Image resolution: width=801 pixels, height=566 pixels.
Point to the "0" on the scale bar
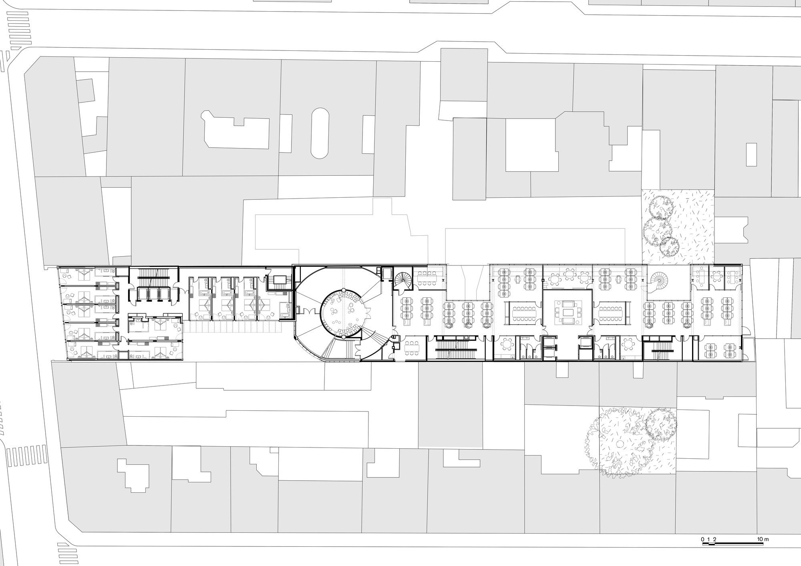pos(702,539)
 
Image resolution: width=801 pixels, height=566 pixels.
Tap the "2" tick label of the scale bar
pos(715,539)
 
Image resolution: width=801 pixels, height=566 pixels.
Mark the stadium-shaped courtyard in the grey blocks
pos(320,133)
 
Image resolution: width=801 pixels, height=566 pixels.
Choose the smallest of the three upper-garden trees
pos(669,247)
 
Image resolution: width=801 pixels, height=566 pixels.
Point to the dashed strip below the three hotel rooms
pos(234,328)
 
